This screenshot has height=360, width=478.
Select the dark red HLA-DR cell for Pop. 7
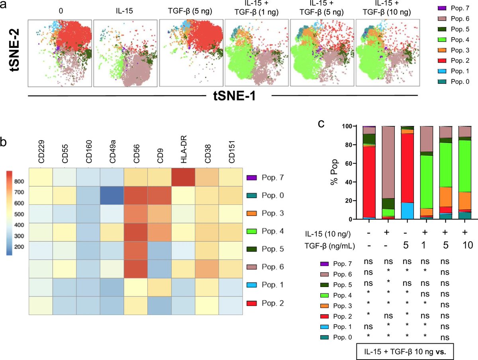pos(183,177)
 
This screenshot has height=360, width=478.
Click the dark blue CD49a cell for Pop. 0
pos(112,195)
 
